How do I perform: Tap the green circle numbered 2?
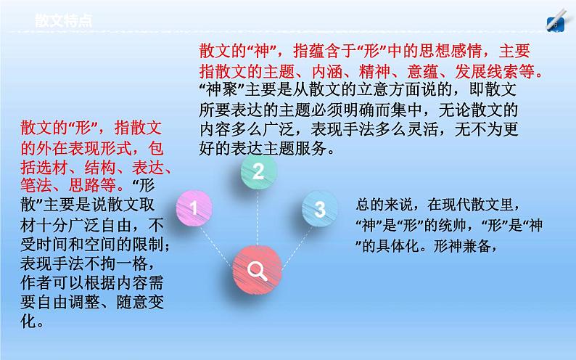[x=258, y=171]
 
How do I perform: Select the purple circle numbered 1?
[x=193, y=209]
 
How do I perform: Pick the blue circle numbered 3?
[x=319, y=209]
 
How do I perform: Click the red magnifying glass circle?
[x=258, y=271]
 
